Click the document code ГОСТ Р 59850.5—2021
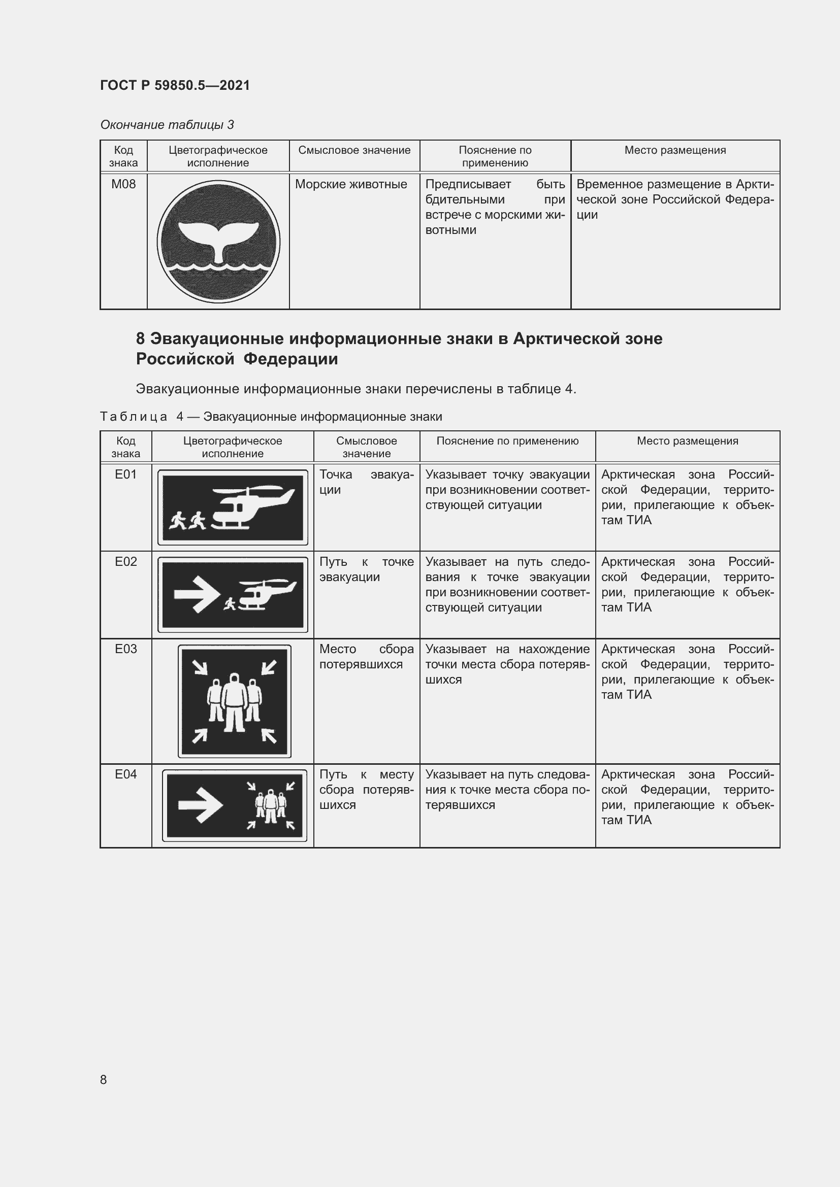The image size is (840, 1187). tap(175, 85)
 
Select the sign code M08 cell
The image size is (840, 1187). tap(123, 184)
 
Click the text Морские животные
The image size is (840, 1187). tap(351, 184)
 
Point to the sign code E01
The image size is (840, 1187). tap(125, 474)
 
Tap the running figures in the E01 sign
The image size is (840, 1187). tap(187, 521)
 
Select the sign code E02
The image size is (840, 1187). tap(125, 561)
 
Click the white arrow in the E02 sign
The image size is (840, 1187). tap(194, 594)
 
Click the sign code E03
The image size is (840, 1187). tap(125, 649)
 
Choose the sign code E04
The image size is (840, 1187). tap(125, 774)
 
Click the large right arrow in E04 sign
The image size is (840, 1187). tap(200, 805)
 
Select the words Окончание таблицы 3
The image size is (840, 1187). tap(167, 125)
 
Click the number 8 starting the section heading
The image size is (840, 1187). tap(140, 338)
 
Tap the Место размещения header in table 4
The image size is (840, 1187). tap(687, 441)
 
